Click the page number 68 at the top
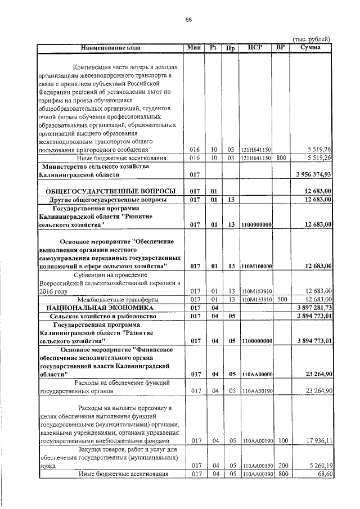188,20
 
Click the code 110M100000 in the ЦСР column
256,266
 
